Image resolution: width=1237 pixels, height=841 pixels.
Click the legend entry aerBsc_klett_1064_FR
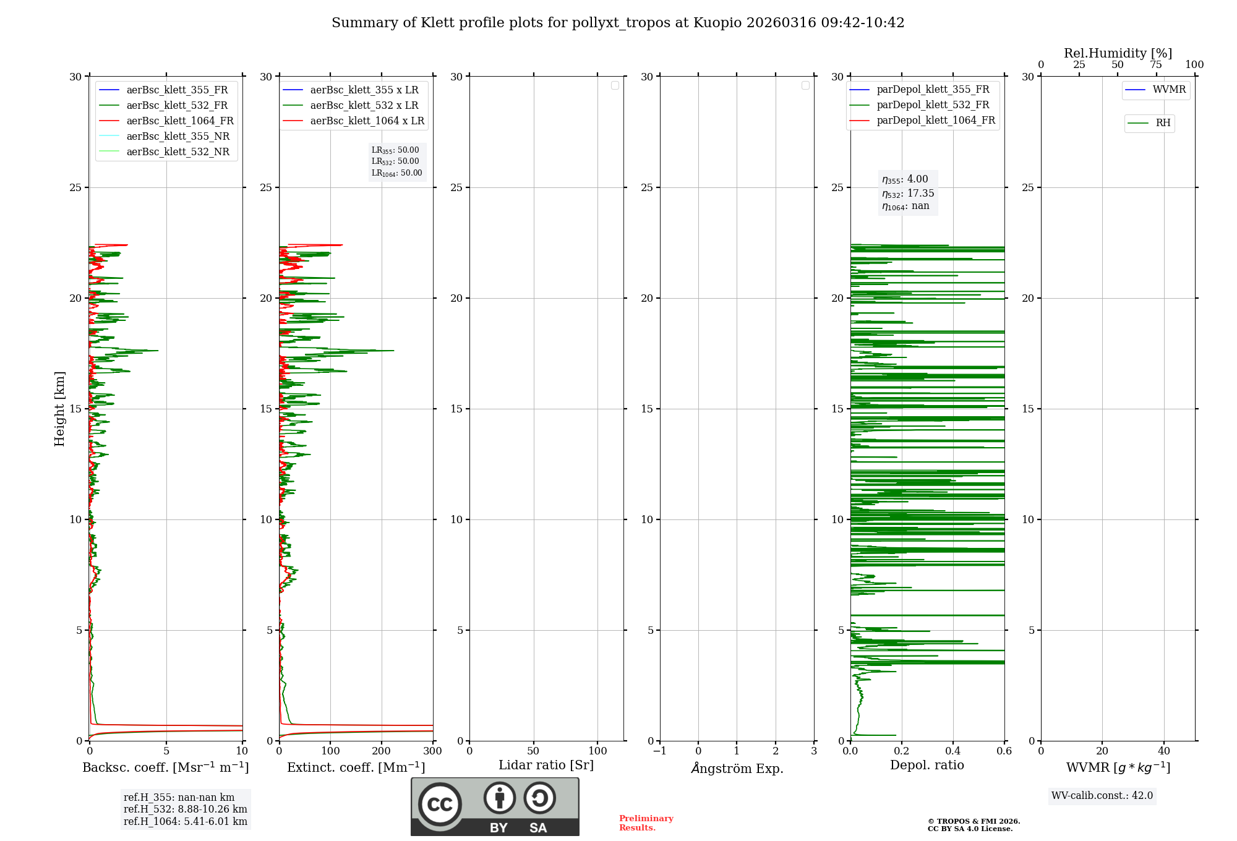click(x=180, y=121)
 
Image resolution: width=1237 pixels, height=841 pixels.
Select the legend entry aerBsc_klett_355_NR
click(x=178, y=137)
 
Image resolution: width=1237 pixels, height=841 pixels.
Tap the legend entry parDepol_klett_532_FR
click(x=933, y=105)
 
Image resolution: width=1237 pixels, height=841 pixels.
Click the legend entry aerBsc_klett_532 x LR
click(x=364, y=106)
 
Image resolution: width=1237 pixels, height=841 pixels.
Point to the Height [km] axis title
click(x=60, y=409)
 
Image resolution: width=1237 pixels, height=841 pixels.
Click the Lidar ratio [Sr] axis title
click(x=546, y=766)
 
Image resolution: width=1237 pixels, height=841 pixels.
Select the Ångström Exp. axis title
click(x=737, y=769)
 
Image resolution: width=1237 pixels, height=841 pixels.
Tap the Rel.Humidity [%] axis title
click(x=1118, y=53)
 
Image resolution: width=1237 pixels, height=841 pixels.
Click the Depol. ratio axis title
click(x=927, y=766)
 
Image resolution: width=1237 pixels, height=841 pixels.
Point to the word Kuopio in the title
click(x=717, y=23)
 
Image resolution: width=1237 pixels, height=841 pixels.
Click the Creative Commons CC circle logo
click(x=440, y=805)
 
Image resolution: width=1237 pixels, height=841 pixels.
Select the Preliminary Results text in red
click(x=646, y=823)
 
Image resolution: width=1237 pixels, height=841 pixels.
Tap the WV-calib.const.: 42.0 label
click(x=1102, y=796)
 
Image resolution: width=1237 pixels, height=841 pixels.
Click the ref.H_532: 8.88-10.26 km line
click(x=185, y=809)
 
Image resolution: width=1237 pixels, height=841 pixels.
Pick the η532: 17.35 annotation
click(x=908, y=194)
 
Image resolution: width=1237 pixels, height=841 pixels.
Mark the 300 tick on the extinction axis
click(x=433, y=751)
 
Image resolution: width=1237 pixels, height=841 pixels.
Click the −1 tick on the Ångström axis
click(x=660, y=751)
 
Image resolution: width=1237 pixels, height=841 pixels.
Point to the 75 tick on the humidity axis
click(x=1156, y=65)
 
